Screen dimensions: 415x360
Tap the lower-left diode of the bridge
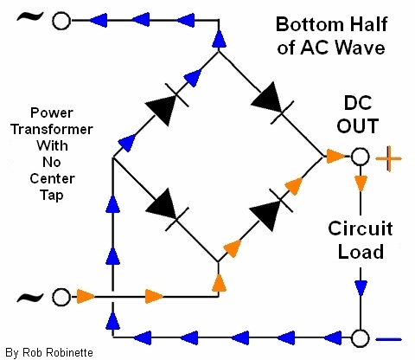167,209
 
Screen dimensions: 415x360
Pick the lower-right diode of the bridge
271,210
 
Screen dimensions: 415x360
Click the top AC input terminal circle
61,21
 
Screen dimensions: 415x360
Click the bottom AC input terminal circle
61,297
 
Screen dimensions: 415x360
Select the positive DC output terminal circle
360,157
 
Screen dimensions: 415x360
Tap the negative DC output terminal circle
360,337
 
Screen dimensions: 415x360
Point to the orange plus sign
388,158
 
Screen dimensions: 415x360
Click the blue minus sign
389,339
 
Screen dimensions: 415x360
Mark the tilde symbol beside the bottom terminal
30,297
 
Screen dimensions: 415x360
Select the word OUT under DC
358,126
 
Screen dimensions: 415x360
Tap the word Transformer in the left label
52,129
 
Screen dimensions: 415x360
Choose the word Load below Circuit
361,252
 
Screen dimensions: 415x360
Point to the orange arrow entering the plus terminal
335,157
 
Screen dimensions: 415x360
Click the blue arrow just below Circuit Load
361,288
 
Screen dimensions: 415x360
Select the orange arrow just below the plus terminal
361,183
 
